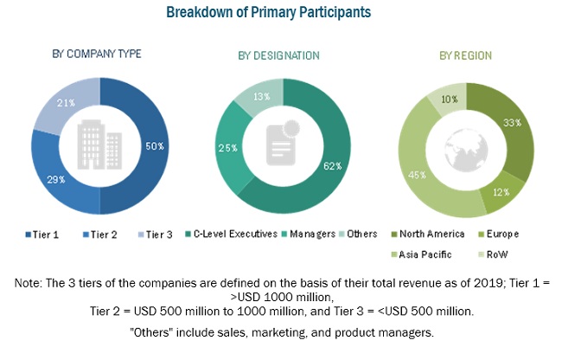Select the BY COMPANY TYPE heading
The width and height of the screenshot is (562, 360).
pos(97,54)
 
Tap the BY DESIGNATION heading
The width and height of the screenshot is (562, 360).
pos(278,55)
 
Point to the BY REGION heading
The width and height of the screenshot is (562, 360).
pos(465,55)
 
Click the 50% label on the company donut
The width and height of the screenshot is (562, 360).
pos(155,145)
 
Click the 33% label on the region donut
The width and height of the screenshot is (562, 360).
pos(512,122)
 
